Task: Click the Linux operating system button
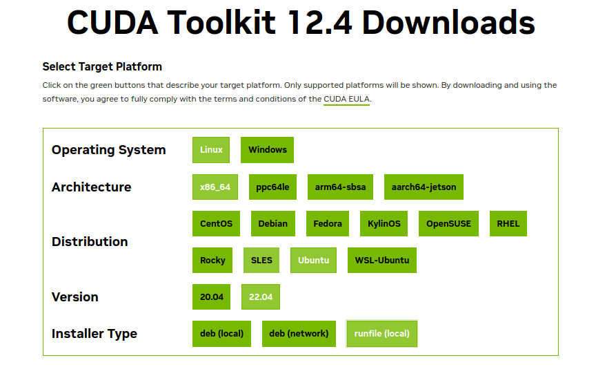click(211, 150)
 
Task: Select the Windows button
click(267, 150)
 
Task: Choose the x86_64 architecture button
click(215, 187)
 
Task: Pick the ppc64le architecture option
click(272, 187)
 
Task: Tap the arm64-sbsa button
click(340, 187)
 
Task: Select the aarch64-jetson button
click(424, 187)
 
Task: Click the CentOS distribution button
click(217, 223)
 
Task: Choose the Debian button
click(273, 223)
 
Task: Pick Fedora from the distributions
click(328, 223)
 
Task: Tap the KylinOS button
click(384, 223)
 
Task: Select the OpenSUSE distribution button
click(448, 223)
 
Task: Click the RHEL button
click(508, 223)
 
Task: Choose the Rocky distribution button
click(212, 261)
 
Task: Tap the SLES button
click(261, 261)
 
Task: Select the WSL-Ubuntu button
click(382, 261)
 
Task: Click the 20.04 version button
click(211, 297)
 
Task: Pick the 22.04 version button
click(261, 297)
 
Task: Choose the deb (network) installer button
click(299, 334)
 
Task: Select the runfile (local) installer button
click(382, 334)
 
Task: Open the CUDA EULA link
click(347, 99)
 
